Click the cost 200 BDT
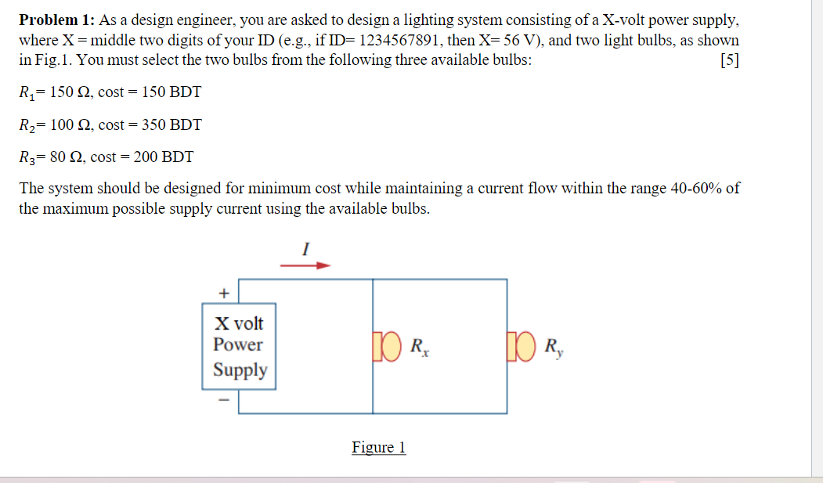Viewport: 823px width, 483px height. pos(163,157)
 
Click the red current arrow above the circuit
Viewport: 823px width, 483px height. pos(305,265)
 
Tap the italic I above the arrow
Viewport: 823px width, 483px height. pos(306,247)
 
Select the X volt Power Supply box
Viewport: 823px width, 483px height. pos(240,346)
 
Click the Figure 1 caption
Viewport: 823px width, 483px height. pos(379,447)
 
